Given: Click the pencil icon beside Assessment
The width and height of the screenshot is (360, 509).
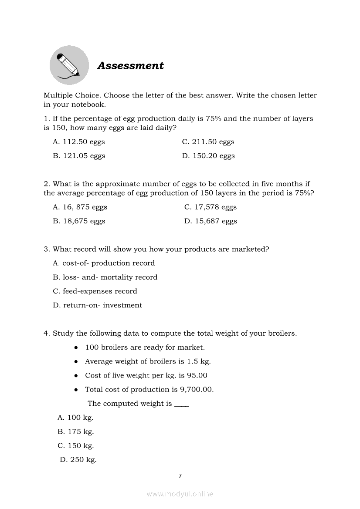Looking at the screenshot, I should (x=69, y=65).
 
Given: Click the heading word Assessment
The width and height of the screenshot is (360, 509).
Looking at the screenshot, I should (x=130, y=66).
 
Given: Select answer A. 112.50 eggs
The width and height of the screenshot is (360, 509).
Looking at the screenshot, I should (x=79, y=142).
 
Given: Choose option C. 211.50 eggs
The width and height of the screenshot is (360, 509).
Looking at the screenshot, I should (x=208, y=142).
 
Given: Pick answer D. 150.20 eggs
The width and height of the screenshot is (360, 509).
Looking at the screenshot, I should (x=208, y=156).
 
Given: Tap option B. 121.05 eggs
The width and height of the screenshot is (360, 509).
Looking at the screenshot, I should (x=79, y=156).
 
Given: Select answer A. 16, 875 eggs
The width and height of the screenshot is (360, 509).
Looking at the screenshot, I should (x=80, y=207).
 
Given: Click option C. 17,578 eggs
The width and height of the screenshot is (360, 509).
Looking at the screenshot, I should (x=211, y=207).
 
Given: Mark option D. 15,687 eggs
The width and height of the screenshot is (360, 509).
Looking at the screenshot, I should (x=211, y=221).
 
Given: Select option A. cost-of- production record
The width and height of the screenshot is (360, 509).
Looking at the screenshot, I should (x=104, y=263).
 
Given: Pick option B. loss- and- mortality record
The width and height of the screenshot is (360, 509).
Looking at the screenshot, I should (x=105, y=277).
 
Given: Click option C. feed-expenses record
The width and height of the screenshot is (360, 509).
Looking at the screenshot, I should (x=95, y=291).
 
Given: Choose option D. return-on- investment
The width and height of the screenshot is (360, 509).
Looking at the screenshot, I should (x=97, y=305).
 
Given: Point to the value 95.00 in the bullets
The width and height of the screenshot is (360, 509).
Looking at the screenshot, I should (x=197, y=375).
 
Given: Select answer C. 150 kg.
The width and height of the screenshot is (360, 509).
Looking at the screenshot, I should (x=76, y=446).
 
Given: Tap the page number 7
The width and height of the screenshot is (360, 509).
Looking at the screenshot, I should (x=180, y=476).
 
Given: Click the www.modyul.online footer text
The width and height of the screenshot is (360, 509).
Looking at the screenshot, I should (x=180, y=494).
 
